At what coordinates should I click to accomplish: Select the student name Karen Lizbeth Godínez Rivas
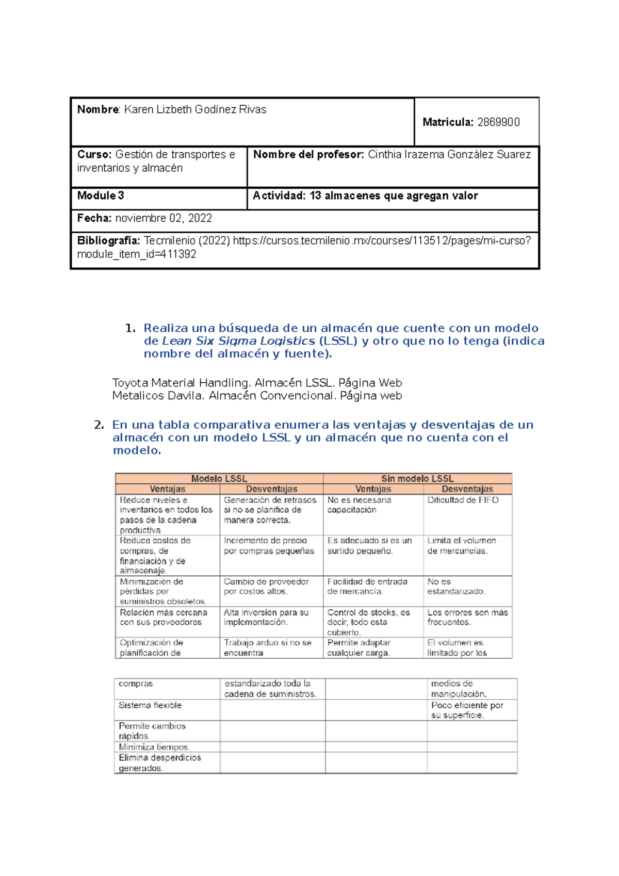coord(195,109)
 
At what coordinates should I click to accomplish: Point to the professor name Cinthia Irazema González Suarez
coord(449,154)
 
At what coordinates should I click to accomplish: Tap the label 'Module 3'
coord(101,196)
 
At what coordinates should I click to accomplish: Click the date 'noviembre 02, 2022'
coord(164,218)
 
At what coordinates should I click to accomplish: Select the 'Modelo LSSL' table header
coord(219,478)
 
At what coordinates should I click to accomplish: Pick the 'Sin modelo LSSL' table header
coord(417,478)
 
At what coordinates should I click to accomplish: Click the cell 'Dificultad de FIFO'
coord(463,500)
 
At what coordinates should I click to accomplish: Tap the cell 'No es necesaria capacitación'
coord(359,505)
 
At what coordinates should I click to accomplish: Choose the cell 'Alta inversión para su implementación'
coord(266,617)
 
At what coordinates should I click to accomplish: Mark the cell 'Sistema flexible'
coord(150,705)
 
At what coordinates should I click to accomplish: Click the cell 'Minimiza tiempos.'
coord(154,747)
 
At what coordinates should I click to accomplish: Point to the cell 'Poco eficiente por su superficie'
coord(467,710)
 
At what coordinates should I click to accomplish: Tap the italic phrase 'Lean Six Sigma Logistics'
coord(238,341)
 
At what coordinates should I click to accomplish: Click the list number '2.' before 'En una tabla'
coord(99,425)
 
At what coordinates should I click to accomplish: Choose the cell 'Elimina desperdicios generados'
coord(159,763)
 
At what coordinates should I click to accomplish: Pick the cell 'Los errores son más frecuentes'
coord(467,617)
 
